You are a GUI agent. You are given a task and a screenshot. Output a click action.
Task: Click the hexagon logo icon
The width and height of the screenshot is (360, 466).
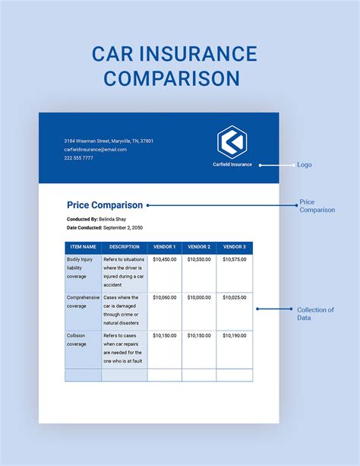[232, 141]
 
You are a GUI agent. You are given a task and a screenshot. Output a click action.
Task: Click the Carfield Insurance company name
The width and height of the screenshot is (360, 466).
[232, 164]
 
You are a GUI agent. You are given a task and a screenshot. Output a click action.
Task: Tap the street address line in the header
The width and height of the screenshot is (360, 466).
[108, 141]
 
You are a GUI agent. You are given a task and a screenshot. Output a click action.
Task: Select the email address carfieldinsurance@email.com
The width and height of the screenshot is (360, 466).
[95, 150]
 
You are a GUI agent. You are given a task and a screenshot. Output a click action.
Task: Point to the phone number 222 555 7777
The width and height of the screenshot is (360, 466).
[78, 158]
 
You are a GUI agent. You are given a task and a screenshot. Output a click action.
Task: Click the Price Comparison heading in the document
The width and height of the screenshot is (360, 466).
[104, 204]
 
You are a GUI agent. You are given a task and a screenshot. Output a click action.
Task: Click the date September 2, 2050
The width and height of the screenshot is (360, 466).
[122, 227]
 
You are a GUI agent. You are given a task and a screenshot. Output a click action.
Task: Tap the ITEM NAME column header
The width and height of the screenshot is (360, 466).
[83, 247]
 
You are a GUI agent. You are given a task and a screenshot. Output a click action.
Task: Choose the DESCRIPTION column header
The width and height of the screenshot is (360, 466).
[124, 247]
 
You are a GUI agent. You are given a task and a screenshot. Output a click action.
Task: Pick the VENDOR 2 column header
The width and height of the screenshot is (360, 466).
[199, 247]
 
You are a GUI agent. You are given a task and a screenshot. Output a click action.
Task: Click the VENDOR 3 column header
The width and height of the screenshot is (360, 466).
[234, 247]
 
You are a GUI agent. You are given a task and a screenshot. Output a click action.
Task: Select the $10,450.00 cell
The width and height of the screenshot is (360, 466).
[164, 259]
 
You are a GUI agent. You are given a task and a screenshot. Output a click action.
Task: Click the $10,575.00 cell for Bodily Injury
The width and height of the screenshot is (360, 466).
[234, 259]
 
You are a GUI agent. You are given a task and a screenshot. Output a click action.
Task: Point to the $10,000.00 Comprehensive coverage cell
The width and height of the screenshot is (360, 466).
[199, 297]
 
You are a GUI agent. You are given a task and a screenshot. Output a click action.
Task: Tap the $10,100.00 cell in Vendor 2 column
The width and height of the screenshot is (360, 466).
[199, 335]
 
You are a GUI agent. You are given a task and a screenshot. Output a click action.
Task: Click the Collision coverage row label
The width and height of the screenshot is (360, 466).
[77, 339]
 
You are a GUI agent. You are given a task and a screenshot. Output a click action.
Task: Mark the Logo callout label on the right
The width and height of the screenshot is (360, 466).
[304, 165]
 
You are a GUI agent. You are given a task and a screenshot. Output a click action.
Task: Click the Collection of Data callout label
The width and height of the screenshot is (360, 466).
[314, 313]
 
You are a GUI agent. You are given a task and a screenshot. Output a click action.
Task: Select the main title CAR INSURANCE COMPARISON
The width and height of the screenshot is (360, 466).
[174, 66]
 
